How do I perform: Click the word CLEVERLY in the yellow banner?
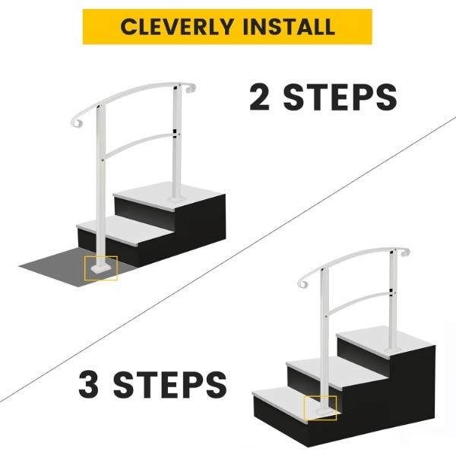click(177, 27)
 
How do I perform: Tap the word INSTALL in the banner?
click(289, 27)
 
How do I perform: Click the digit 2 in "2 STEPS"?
click(259, 97)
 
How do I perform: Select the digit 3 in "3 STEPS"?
click(88, 385)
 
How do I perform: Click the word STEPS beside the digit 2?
click(340, 97)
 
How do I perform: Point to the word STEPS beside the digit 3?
click(170, 385)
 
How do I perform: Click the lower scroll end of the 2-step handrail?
click(76, 122)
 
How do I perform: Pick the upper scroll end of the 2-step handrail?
click(191, 88)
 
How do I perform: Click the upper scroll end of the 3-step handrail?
click(405, 252)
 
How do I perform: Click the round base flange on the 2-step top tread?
click(176, 199)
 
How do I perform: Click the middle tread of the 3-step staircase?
click(334, 372)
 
